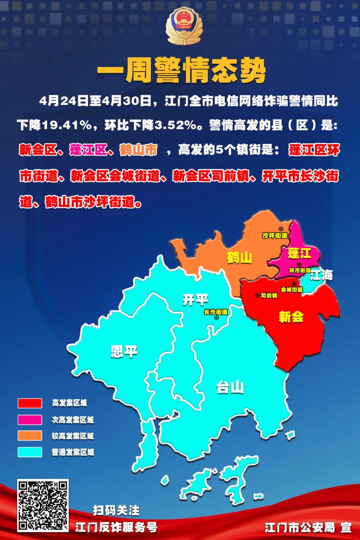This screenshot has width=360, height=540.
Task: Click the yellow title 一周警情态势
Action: (x=181, y=70)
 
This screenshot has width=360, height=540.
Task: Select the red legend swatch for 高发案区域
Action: (x=30, y=403)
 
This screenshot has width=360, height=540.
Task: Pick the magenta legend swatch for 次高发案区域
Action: (x=30, y=420)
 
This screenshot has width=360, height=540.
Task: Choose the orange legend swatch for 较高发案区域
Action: (x=30, y=436)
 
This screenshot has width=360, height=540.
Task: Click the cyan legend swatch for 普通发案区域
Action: (x=30, y=452)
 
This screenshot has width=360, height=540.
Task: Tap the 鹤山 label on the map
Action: (x=239, y=258)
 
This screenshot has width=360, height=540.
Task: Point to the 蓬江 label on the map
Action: (x=299, y=253)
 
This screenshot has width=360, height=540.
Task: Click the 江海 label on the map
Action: (x=321, y=275)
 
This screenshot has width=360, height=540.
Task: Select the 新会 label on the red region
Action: (x=291, y=317)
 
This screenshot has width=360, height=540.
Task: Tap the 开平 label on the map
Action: (x=195, y=300)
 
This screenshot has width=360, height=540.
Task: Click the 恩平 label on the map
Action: (x=124, y=351)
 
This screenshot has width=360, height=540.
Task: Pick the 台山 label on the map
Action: (x=230, y=387)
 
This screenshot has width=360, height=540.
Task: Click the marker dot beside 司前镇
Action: (x=258, y=295)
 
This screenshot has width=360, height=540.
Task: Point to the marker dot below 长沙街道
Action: (x=216, y=318)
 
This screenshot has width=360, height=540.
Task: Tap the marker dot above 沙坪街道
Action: (x=281, y=229)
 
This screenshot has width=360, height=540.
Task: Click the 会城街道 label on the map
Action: (x=292, y=290)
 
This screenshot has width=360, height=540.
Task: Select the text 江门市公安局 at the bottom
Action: (x=300, y=528)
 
